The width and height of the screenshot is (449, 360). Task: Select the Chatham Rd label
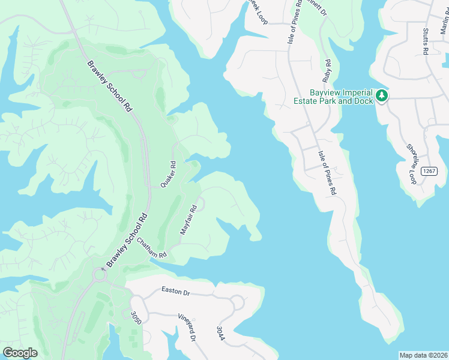pos(151,248)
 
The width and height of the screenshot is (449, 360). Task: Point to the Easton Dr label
pos(175,290)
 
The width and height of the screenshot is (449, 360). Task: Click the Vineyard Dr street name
pos(187,328)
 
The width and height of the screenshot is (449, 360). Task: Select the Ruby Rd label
pos(327,70)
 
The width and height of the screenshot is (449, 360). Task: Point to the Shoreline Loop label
pos(412,157)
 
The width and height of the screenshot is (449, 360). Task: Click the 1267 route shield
pos(429,172)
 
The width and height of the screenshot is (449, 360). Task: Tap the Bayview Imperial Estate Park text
pos(341,97)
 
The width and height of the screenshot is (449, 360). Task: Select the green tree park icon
pos(381,95)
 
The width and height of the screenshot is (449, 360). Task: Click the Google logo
pos(20,353)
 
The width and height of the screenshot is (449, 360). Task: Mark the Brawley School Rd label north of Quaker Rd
pos(109,86)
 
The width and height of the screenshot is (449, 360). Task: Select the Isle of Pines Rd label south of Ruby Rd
pos(327,172)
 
